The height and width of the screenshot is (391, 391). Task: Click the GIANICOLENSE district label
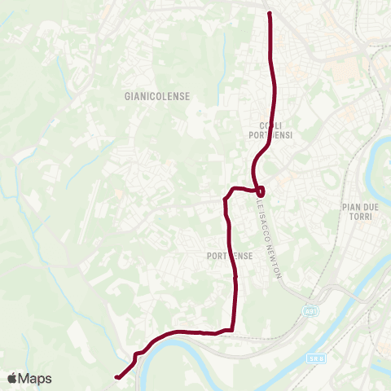coord(157,96)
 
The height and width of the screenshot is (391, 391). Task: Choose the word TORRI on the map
coord(359,219)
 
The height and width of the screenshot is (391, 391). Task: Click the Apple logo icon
coord(12,378)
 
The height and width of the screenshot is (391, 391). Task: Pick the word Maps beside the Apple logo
coord(36,378)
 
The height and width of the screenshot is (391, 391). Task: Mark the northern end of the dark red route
coord(269,13)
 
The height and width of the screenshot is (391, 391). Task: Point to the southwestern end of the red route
coord(117,377)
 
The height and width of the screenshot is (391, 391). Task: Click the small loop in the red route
coord(260,191)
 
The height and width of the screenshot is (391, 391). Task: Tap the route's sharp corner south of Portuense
coord(233,328)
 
